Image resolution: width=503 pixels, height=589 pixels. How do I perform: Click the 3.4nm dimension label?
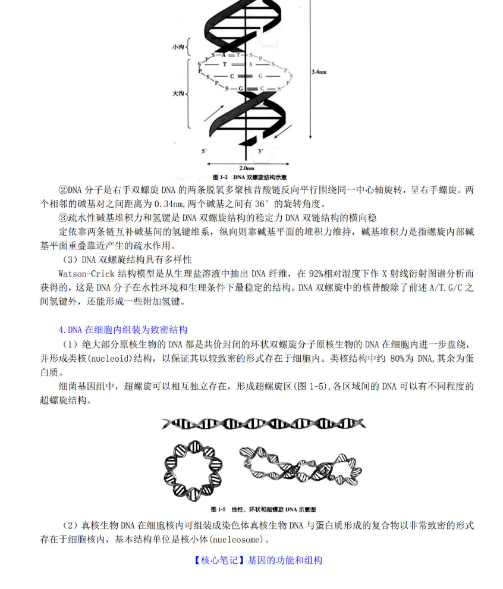(x=319, y=71)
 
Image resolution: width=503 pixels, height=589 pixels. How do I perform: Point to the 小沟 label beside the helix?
(x=177, y=46)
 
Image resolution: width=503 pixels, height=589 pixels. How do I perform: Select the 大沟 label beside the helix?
(x=177, y=93)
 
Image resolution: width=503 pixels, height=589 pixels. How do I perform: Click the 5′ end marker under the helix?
(x=204, y=152)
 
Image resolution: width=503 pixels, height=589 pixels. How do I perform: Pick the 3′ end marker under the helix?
(x=260, y=152)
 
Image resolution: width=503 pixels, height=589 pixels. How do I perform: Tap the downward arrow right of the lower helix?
(x=285, y=132)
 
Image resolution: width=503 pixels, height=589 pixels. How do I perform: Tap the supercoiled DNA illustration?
(x=301, y=466)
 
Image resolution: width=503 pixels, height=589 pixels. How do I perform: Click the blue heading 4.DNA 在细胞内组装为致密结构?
(x=123, y=330)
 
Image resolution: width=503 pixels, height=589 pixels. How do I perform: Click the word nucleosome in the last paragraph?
(x=240, y=540)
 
